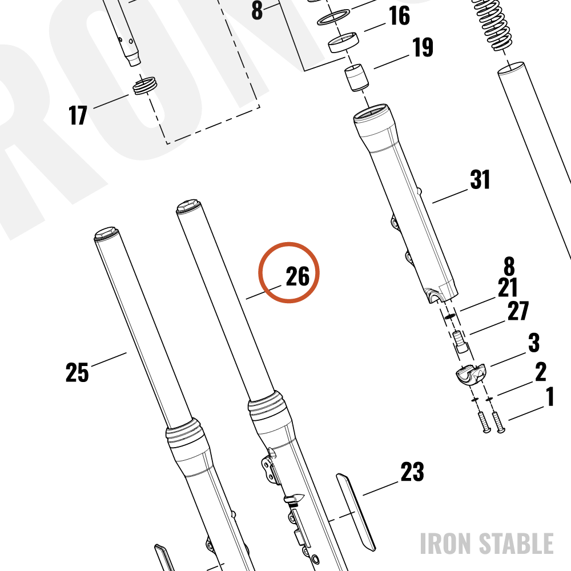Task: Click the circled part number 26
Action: pos(297,276)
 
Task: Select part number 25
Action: pos(77,372)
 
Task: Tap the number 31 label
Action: pos(480,179)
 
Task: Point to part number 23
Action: pos(412,472)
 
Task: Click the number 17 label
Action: pos(78,115)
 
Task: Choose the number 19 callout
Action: pos(423,47)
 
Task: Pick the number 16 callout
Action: pos(400,15)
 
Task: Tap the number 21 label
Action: pos(508,288)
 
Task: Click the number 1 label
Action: pos(550,397)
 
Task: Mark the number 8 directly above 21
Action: pos(509,266)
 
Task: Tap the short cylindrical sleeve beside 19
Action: pos(356,78)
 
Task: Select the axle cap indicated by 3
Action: pos(471,374)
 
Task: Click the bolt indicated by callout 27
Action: pos(461,341)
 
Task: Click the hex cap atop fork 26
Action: pos(188,206)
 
